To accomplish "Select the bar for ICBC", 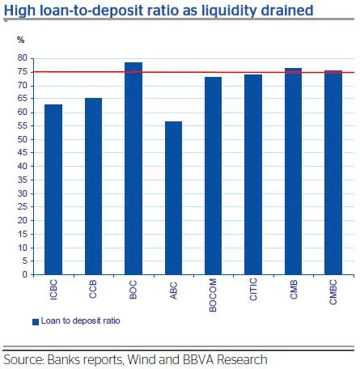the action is (53, 189).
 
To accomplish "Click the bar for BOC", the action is (133, 168).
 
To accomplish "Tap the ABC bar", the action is (173, 198).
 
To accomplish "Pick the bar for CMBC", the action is (333, 172).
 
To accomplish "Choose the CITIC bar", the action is (253, 175).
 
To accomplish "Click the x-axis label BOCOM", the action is (213, 295).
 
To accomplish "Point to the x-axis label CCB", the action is (93, 289).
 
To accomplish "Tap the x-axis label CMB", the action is (294, 289).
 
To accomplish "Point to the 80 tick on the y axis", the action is (23, 57).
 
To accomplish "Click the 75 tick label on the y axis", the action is (23, 72).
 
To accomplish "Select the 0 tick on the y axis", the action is (25, 274).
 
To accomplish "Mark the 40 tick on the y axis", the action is (23, 166).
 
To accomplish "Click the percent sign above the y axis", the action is (21, 40).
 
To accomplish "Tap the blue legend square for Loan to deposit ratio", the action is (36, 322).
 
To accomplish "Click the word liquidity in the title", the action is (225, 11).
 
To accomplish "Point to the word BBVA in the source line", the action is (198, 359).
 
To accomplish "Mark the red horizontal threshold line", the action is (193, 72).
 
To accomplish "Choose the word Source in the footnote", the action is (24, 359).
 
